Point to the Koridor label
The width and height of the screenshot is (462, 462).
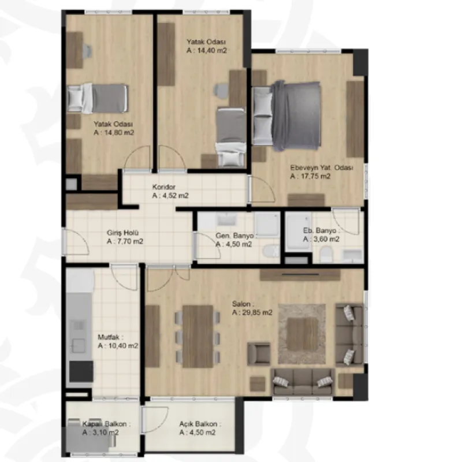[x=164, y=187]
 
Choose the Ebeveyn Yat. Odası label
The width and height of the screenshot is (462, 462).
[x=322, y=167]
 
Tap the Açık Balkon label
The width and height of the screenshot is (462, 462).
[x=198, y=424]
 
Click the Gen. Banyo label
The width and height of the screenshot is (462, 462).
[x=234, y=236]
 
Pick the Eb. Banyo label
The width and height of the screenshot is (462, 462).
[x=320, y=230]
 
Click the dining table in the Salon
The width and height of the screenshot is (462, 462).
[x=198, y=336]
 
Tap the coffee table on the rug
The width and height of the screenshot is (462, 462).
[x=303, y=334]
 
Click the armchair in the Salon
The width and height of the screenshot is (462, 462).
[x=258, y=354]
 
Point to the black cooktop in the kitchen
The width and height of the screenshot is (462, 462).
[x=81, y=371]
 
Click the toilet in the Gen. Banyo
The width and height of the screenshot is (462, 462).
[x=271, y=251]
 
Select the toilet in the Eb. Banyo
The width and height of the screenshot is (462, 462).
[x=326, y=255]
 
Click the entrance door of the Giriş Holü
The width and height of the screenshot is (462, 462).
[x=76, y=241]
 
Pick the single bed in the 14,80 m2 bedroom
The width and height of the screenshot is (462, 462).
[x=97, y=99]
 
